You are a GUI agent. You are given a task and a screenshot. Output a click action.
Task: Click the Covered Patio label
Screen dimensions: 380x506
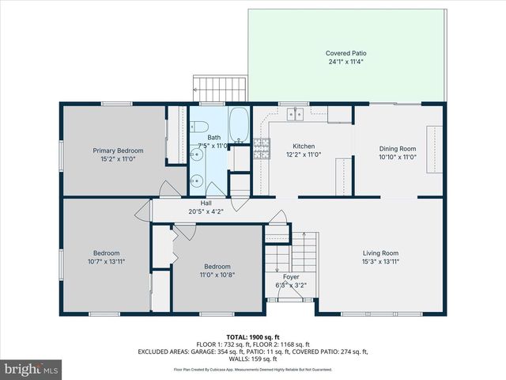point(346,53)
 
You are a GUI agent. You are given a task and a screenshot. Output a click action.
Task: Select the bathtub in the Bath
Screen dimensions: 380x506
point(239,125)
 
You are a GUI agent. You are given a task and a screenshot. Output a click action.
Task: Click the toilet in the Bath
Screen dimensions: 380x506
point(198,127)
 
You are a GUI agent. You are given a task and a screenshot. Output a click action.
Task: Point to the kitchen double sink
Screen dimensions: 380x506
point(295,114)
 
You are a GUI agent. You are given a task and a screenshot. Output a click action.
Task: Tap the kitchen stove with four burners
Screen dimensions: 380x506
point(261,148)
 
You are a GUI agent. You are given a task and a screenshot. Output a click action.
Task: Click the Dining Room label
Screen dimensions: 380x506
point(398,148)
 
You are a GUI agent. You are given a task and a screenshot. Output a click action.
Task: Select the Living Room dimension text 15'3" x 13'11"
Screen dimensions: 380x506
point(381,261)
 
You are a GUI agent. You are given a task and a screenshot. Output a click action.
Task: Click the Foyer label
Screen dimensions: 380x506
point(291,276)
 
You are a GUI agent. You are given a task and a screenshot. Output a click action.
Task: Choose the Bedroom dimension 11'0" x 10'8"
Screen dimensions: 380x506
point(217,275)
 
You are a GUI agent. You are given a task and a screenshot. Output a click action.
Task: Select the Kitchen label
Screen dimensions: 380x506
point(304,147)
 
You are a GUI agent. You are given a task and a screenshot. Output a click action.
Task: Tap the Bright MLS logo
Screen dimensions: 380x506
point(32,370)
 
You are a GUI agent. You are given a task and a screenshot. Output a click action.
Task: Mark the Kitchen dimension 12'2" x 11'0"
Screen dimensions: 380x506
point(304,156)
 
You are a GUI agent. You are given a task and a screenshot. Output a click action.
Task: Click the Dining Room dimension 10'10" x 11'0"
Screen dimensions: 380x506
point(398,157)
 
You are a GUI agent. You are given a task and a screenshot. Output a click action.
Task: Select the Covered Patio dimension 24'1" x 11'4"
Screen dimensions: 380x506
point(346,62)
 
